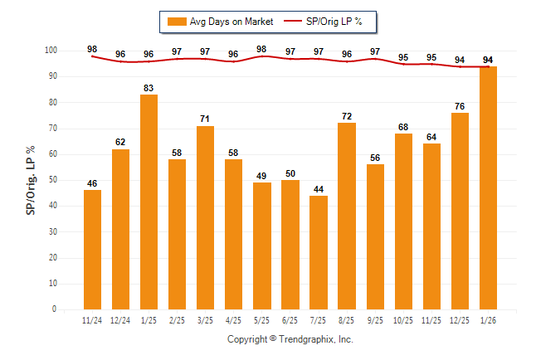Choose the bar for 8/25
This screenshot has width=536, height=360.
tap(347, 216)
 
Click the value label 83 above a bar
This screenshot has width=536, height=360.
tap(149, 87)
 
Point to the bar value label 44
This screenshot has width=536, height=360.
tap(319, 189)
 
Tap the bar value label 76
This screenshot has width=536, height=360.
tap(460, 105)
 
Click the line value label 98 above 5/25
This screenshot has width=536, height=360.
tap(261, 49)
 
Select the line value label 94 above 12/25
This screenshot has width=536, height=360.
tap(460, 60)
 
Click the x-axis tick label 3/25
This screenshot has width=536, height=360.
tap(205, 320)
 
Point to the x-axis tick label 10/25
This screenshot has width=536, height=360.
tap(403, 320)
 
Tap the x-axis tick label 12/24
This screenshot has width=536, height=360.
tap(120, 320)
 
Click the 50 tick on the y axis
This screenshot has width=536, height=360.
tap(52, 180)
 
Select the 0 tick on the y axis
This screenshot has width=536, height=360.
tap(55, 309)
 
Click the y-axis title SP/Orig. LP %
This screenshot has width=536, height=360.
tap(31, 180)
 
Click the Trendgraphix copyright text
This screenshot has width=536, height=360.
tap(290, 339)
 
